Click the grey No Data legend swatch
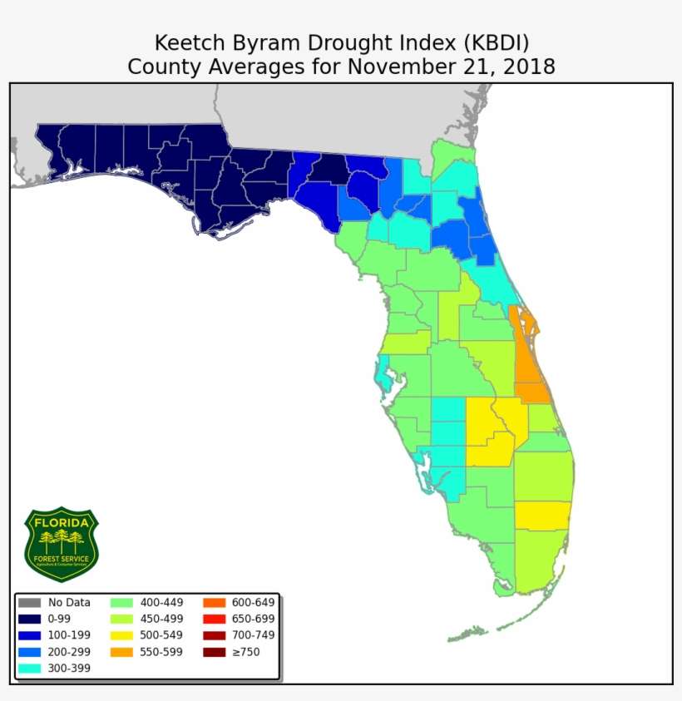[29, 603]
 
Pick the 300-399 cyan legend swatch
[29, 668]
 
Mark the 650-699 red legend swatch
[214, 620]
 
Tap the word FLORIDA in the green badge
[62, 522]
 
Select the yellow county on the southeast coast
[542, 516]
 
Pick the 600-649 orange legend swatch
[214, 603]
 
